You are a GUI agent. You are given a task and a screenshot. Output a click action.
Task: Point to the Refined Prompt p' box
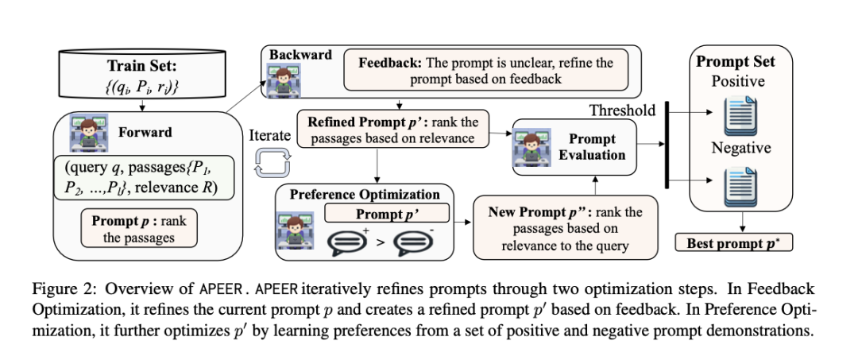tap(393, 130)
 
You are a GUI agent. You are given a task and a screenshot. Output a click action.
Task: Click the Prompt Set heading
tap(736, 62)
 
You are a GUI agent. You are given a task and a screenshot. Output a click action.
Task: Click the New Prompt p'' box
tap(558, 228)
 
